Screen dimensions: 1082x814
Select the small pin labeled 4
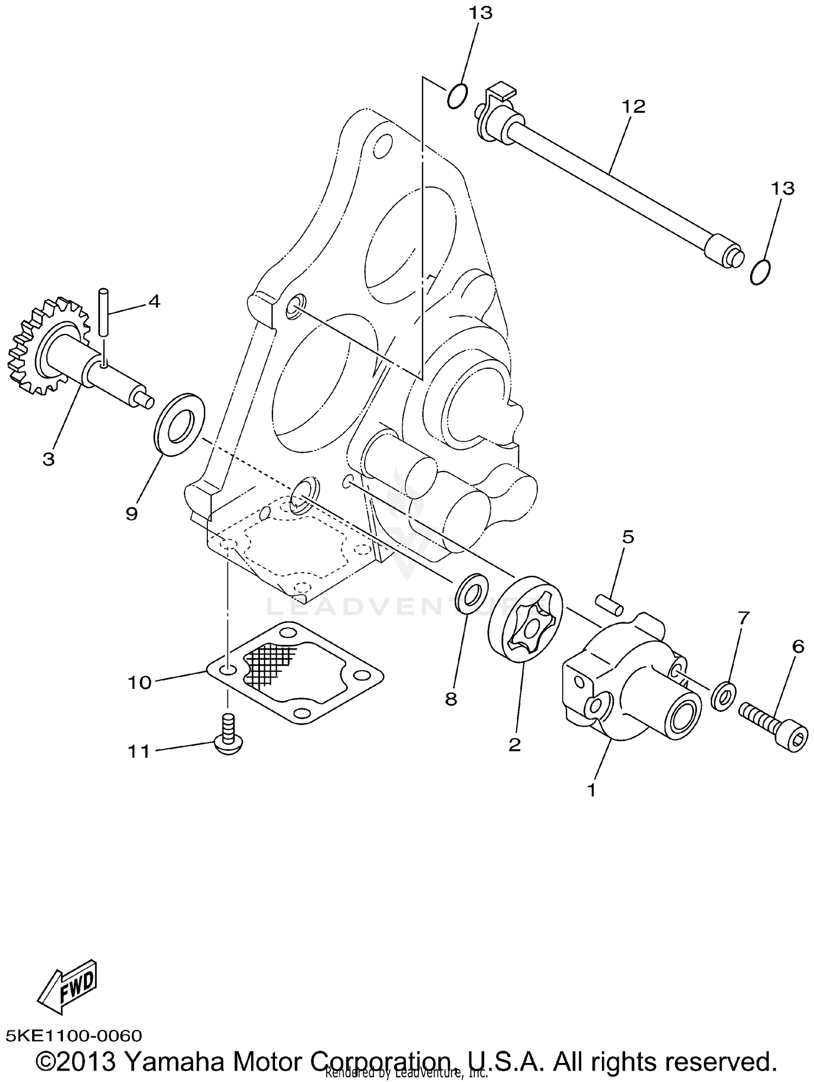(x=104, y=314)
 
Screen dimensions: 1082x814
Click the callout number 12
(x=633, y=107)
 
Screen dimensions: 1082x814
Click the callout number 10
(x=139, y=682)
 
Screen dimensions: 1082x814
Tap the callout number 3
(x=48, y=459)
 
